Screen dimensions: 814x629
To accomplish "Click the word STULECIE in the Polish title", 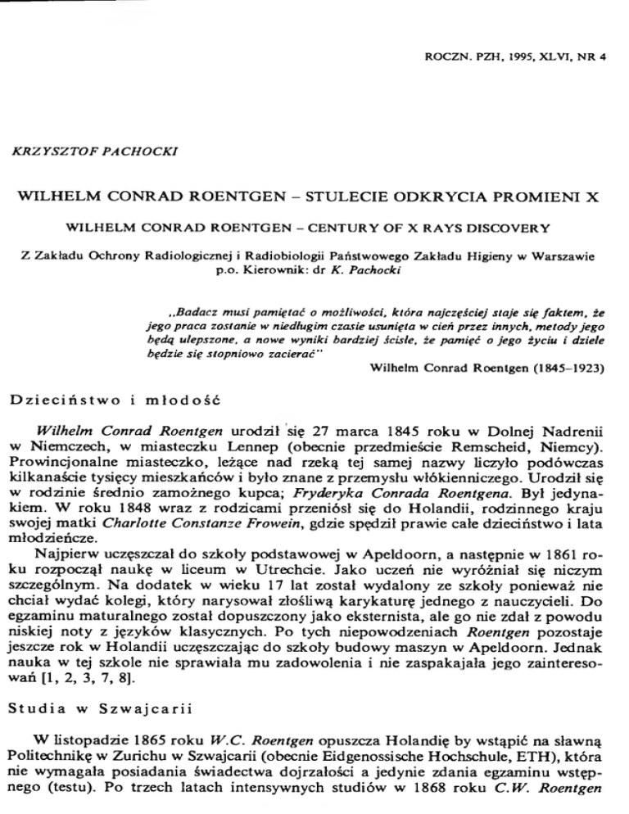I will point(373,197).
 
